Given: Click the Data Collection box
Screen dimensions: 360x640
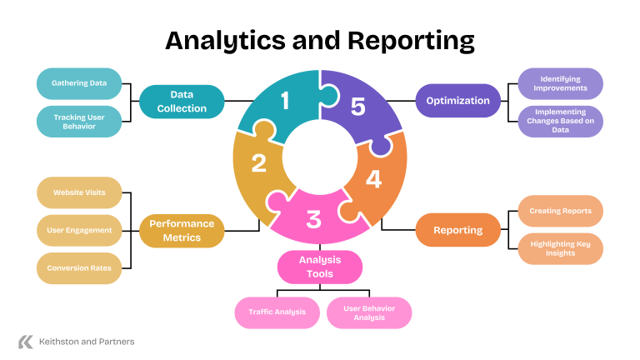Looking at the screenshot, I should pos(182,102).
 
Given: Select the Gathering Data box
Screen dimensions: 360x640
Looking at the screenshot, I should pos(79,83).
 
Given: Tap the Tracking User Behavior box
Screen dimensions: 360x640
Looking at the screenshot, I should pos(79,122).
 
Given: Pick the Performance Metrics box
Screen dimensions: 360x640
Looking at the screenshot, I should pos(182,230).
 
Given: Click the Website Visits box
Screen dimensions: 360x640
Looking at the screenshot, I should pos(79,192).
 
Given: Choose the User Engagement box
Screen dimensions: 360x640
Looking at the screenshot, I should pos(79,230).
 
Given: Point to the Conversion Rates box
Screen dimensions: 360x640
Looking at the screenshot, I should pos(79,268).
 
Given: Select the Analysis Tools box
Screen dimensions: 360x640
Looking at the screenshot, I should pos(320,267).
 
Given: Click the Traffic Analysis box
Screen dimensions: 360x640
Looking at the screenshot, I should pos(277,312).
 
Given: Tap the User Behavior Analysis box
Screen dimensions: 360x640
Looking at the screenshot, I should pos(368,312).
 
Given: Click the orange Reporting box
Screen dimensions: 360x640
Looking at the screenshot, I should pos(458,230).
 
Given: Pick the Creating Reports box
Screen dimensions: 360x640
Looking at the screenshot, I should pos(560,211).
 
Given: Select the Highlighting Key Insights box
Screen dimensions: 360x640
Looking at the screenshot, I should pos(560,248).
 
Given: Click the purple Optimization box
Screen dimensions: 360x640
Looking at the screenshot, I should pos(458,101).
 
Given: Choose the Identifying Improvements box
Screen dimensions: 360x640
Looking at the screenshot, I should pos(560,83).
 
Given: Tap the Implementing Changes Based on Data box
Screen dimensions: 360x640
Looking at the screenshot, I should pos(560,122).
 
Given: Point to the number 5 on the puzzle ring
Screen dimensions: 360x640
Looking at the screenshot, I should pos(358,107).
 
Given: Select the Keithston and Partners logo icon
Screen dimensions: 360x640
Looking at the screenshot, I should pos(26,342).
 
